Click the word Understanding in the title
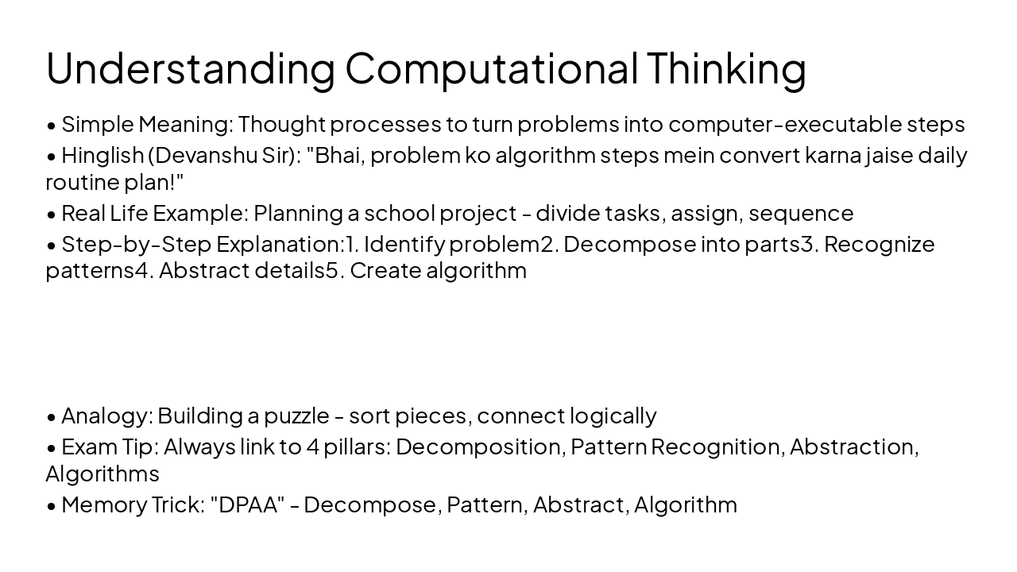click(x=191, y=68)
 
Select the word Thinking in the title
click(x=726, y=68)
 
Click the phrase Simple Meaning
click(x=145, y=124)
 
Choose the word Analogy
click(x=106, y=415)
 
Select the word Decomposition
click(x=480, y=446)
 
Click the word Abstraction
click(x=853, y=446)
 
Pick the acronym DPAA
click(x=248, y=504)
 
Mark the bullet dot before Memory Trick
click(x=51, y=505)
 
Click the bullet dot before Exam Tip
click(x=51, y=447)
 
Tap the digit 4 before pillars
click(x=313, y=446)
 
